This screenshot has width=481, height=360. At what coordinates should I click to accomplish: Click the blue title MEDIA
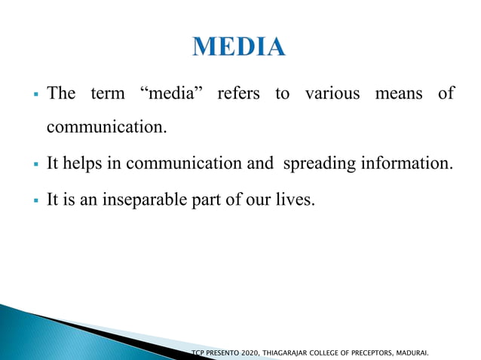240,47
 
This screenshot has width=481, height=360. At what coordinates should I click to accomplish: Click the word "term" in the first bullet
108,94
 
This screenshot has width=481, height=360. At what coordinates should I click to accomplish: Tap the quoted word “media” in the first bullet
170,94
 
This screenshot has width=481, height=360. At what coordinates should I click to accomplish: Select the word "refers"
237,94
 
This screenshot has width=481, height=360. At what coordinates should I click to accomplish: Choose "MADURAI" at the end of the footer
422,352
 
